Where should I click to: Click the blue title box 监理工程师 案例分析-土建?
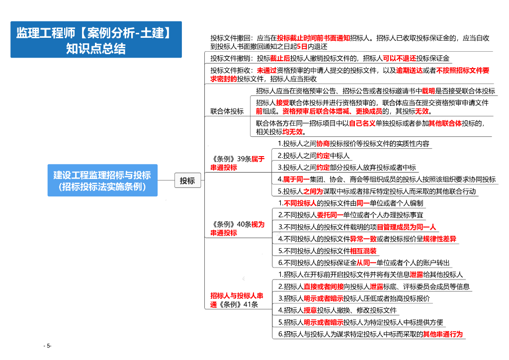96,40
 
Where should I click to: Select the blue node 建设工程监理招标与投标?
102,180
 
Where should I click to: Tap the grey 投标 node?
187,181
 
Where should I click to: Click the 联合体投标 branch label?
227,111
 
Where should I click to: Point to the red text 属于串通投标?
237,164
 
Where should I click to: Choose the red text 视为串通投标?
237,228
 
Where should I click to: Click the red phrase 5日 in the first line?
302,47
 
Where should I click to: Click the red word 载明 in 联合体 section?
428,91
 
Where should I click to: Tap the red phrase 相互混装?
363,251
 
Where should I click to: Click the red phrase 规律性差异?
439,239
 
